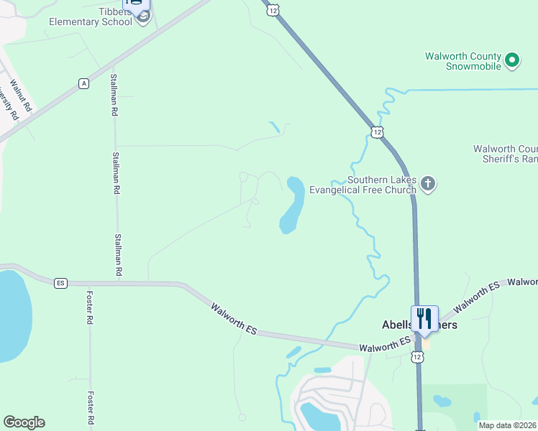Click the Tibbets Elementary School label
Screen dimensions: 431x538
tap(90, 15)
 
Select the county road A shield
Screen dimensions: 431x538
tap(84, 84)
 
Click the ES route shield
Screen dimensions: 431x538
tap(60, 283)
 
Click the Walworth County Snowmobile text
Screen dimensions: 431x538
tap(462, 61)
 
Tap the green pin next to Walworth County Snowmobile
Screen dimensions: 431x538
tap(512, 60)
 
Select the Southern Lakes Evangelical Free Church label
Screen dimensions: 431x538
tap(363, 185)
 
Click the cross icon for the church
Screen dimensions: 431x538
tap(428, 184)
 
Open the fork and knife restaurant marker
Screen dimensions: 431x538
tap(424, 317)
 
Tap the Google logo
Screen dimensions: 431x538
tap(24, 422)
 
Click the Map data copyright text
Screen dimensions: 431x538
tap(507, 425)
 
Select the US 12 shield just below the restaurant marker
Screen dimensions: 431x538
tap(418, 356)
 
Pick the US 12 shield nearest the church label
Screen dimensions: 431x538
tap(377, 131)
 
